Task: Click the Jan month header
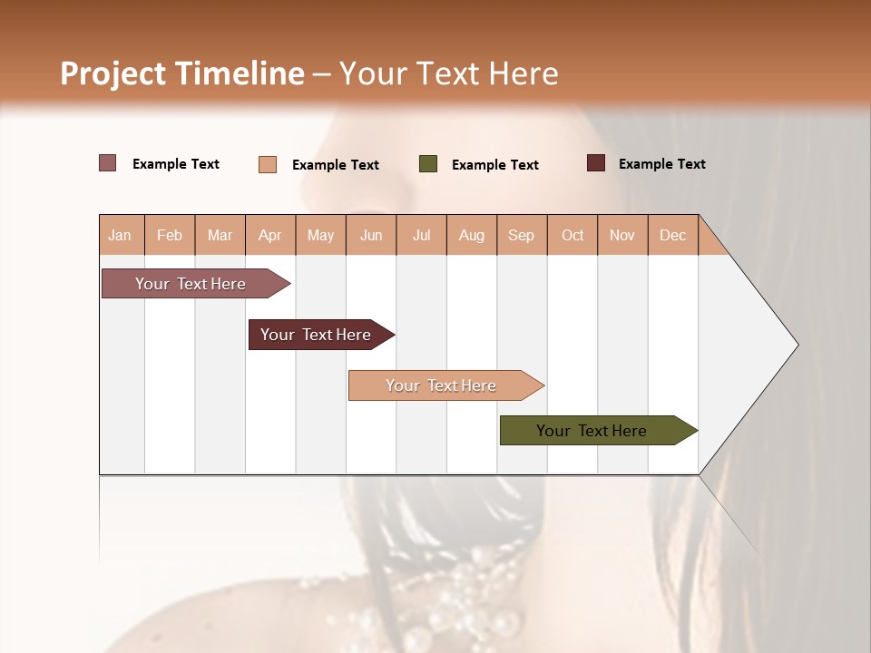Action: (120, 236)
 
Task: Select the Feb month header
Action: (170, 236)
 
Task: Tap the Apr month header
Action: (270, 236)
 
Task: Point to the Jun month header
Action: (371, 236)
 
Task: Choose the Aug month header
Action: (472, 236)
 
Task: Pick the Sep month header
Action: (521, 236)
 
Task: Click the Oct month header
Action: (573, 236)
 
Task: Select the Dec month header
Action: (673, 236)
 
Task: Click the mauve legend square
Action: (108, 163)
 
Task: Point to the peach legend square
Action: (268, 164)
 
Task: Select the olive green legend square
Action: (428, 164)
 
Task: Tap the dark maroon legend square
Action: (596, 163)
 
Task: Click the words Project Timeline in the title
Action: (182, 73)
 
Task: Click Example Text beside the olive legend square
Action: (495, 165)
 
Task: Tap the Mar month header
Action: (220, 236)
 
